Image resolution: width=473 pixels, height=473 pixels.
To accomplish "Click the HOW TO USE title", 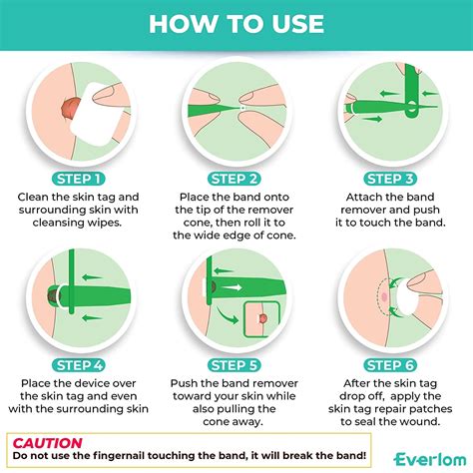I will pos(236,24).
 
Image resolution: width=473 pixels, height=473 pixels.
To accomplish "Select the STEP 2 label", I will pos(237,180).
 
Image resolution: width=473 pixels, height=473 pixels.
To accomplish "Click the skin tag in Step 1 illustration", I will pos(69,105).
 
